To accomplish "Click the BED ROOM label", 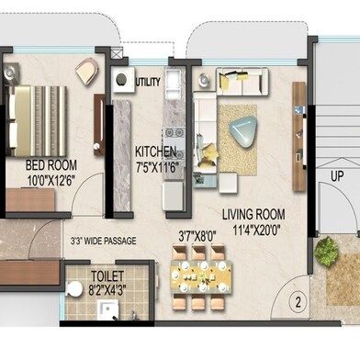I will pyautogui.click(x=51, y=165).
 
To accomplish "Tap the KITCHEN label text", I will pyautogui.click(x=155, y=151).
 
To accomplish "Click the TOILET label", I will pyautogui.click(x=109, y=275).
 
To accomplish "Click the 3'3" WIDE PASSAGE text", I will pyautogui.click(x=103, y=242).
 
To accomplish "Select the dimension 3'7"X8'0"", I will pyautogui.click(x=197, y=235).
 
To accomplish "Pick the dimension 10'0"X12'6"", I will pyautogui.click(x=51, y=180).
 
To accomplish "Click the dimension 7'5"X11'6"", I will pyautogui.click(x=155, y=166).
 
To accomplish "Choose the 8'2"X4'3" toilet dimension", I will pyautogui.click(x=110, y=287).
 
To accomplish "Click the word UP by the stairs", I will pyautogui.click(x=337, y=174).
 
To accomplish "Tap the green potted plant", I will pyautogui.click(x=325, y=251).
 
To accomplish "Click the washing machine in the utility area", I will pyautogui.click(x=121, y=81).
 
